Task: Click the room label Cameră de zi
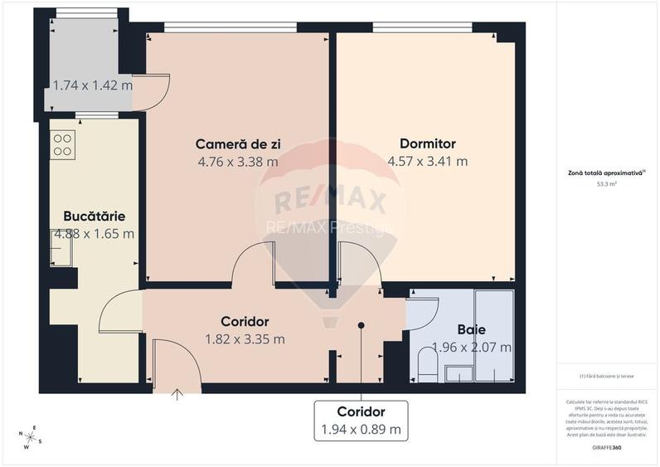tap(238, 144)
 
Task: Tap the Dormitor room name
tap(427, 144)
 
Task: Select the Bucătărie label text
tap(94, 216)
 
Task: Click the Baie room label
tap(471, 329)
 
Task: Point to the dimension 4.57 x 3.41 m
tap(427, 162)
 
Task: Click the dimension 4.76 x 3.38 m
tap(238, 162)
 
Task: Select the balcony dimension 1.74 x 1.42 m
tap(92, 85)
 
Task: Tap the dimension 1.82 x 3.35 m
tap(245, 338)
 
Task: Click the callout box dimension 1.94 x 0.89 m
tap(361, 430)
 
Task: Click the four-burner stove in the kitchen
tap(63, 145)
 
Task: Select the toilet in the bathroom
tap(427, 366)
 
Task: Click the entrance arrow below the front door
tap(177, 394)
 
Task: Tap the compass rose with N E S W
tap(32, 437)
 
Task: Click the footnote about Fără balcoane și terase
tap(606, 376)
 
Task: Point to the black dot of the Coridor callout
tap(361, 325)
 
